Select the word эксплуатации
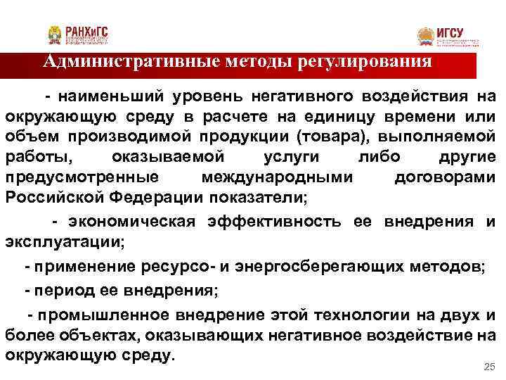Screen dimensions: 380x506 coord(63,243)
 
